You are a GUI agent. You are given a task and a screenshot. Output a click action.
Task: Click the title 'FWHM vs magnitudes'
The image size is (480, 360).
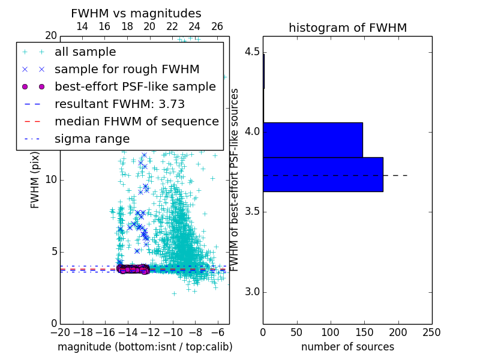[136, 13]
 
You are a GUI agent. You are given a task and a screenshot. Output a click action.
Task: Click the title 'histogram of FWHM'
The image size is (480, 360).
[347, 28]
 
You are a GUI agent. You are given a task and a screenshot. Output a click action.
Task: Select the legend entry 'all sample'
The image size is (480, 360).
[85, 52]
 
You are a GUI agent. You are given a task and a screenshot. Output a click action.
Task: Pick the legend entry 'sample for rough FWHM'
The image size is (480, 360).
[127, 69]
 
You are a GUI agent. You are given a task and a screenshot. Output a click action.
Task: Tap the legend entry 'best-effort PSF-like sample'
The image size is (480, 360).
[135, 86]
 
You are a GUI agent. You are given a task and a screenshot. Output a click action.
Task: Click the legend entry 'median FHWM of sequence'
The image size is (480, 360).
[136, 121]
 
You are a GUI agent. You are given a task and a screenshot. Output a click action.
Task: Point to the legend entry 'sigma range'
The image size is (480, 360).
[92, 139]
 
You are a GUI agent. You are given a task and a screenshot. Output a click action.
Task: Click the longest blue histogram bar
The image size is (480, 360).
[323, 175]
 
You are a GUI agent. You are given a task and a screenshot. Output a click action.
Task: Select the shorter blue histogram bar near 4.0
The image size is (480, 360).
[313, 140]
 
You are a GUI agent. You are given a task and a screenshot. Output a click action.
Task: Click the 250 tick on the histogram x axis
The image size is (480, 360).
[431, 332]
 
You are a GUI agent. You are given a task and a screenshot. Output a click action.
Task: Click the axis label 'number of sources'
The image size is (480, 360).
[347, 347]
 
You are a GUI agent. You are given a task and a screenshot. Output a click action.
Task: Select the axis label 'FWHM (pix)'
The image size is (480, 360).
[35, 180]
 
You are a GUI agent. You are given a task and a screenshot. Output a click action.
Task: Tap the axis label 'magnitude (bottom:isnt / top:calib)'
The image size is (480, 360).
[145, 347]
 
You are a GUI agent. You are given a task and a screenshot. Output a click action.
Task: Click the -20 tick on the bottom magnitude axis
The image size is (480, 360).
[60, 332]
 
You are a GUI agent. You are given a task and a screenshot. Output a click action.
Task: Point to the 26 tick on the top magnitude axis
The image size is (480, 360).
[217, 26]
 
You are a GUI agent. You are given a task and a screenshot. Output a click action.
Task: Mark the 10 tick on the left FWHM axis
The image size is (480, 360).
[52, 180]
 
